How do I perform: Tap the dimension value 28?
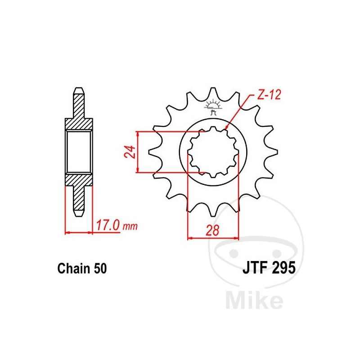click(x=212, y=230)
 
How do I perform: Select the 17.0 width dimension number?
click(x=108, y=225)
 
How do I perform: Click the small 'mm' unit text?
click(x=130, y=227)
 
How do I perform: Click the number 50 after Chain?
click(x=100, y=268)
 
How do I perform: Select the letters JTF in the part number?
click(x=255, y=268)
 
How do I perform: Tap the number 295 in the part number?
click(x=283, y=268)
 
